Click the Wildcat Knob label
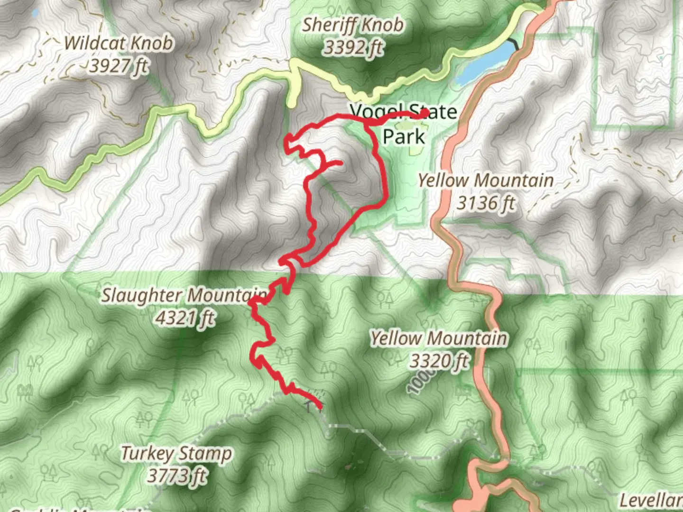click(x=119, y=44)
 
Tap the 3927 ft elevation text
click(x=119, y=66)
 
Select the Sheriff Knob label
click(x=353, y=25)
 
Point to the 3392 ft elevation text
click(x=353, y=47)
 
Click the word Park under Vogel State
click(x=404, y=137)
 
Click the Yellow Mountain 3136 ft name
click(x=485, y=181)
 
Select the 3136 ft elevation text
click(x=485, y=203)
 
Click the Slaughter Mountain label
click(x=184, y=295)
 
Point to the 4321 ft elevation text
click(x=185, y=318)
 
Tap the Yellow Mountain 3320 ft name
click(x=438, y=338)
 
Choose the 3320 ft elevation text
click(x=438, y=361)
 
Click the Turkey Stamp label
click(x=176, y=453)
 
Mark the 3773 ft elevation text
click(x=176, y=475)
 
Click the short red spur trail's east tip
click(x=340, y=164)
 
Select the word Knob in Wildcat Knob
click(x=152, y=44)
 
